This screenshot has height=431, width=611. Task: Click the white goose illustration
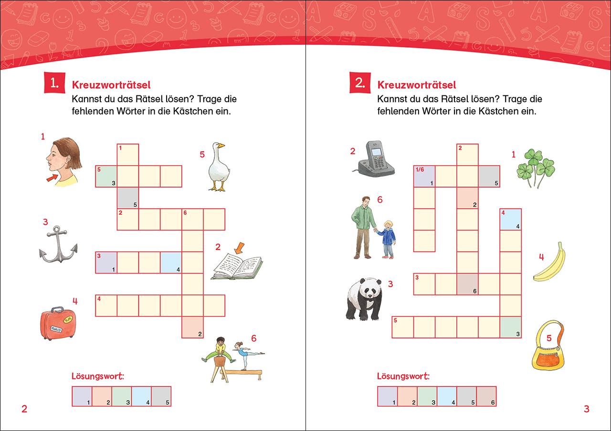(219, 167)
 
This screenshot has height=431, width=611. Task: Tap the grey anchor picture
(58, 244)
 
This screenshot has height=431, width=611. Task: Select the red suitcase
(58, 324)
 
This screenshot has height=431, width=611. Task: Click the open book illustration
(237, 267)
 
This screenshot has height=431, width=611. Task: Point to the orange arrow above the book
(239, 248)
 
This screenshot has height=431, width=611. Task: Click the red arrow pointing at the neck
(52, 178)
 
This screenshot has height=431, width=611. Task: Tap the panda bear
(364, 299)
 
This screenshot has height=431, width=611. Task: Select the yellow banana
(550, 263)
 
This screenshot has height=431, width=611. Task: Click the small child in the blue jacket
(386, 240)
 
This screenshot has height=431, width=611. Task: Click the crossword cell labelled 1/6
(424, 176)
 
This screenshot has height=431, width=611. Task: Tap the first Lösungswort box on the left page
(82, 396)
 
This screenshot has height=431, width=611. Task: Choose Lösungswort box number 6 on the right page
(486, 396)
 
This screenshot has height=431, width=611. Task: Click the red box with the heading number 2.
(360, 83)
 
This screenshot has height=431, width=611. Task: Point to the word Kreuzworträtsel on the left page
(111, 85)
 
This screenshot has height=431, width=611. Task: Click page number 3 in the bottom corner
(587, 409)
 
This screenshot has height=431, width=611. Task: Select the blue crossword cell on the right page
(511, 220)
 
